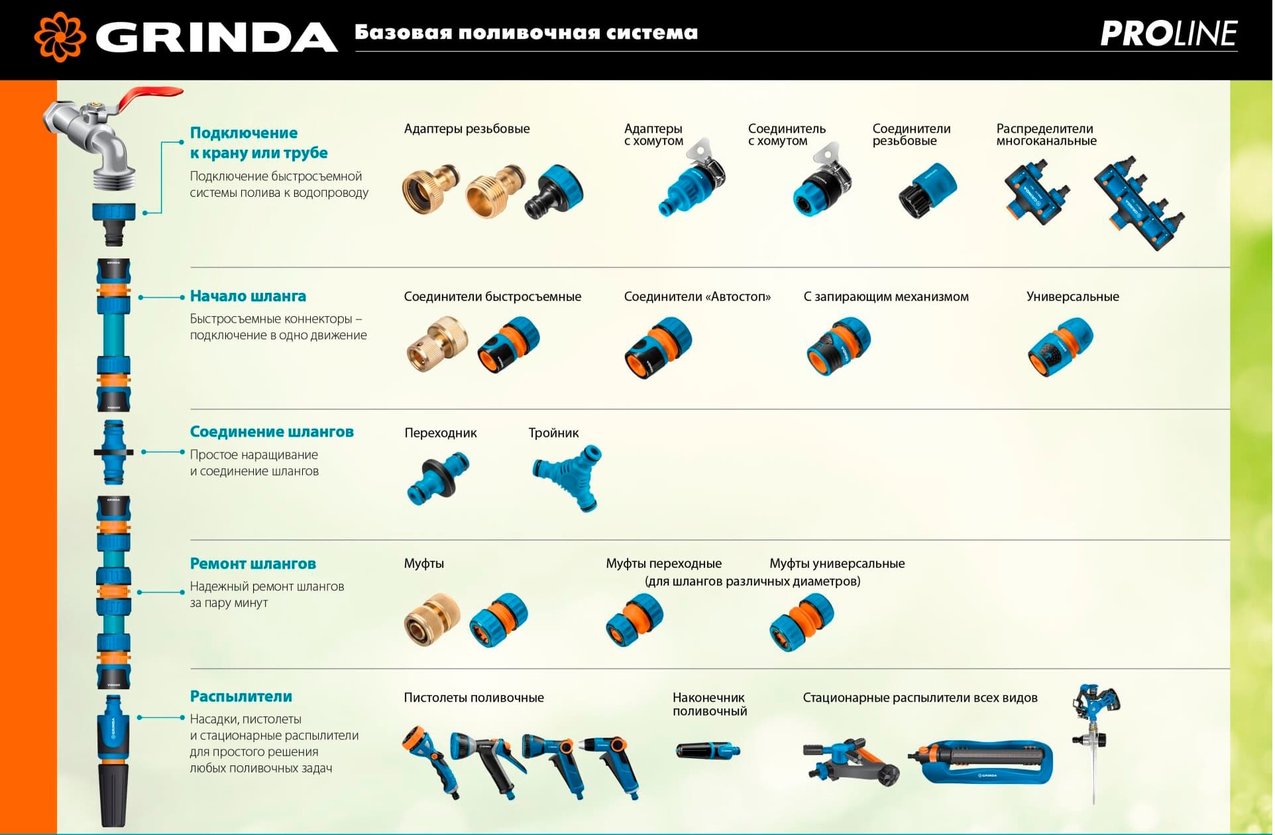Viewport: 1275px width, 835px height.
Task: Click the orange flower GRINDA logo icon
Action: tap(60, 36)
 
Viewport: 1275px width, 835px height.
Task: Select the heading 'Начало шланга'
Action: tap(248, 296)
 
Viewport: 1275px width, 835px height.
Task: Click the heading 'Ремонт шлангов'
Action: tap(253, 564)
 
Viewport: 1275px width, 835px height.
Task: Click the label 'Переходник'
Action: tap(441, 433)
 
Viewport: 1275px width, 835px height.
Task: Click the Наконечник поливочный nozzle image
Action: tap(708, 751)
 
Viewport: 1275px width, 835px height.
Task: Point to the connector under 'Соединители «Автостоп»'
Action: tap(659, 348)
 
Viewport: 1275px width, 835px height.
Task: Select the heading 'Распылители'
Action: tap(241, 696)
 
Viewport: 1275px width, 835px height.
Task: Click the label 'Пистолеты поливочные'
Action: tap(474, 698)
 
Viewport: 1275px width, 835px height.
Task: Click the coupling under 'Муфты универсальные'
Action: tap(803, 622)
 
